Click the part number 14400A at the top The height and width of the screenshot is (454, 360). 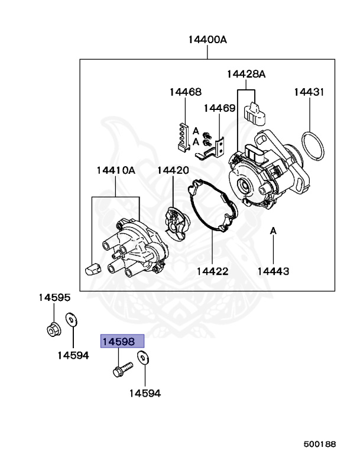pos(207,40)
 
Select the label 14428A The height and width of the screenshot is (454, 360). pos(246,74)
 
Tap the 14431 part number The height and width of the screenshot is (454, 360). pos(309,92)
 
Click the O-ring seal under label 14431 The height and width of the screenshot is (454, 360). pos(311,147)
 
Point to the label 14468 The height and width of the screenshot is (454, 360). pos(185,92)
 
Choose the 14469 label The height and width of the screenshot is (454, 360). pos(220,108)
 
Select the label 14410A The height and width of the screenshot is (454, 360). pos(116,171)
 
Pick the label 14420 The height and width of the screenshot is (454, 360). pos(173,171)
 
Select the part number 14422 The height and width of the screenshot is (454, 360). pos(212,271)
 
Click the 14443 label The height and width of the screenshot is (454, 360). pos(273,271)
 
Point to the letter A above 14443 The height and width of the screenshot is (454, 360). pos(273,230)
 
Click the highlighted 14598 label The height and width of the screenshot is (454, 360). pos(122,342)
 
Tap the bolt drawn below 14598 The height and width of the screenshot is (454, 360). pos(121,370)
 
